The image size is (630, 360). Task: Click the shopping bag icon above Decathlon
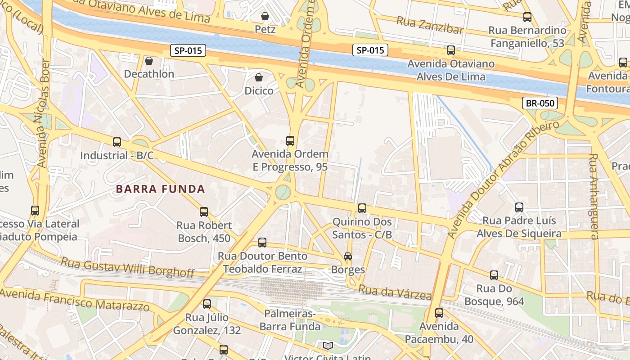[149, 61]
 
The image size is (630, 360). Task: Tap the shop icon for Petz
[265, 17]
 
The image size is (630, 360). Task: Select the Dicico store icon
[259, 78]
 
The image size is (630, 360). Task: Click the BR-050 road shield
[540, 103]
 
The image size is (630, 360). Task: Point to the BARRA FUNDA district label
[161, 189]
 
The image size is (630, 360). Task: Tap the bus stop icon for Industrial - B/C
[117, 142]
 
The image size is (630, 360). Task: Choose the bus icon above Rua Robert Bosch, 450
[204, 212]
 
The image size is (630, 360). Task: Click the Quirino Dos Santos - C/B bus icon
[362, 208]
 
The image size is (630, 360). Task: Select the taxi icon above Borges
[348, 256]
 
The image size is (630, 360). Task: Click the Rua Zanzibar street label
[430, 26]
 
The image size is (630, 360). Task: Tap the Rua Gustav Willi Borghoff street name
[127, 266]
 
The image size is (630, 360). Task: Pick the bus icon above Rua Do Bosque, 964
[494, 275]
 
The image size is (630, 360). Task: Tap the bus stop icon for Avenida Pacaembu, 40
[439, 313]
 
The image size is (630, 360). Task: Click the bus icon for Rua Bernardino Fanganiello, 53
[527, 18]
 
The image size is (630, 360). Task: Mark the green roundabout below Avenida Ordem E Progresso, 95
[283, 192]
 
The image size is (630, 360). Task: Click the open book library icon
[328, 346]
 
